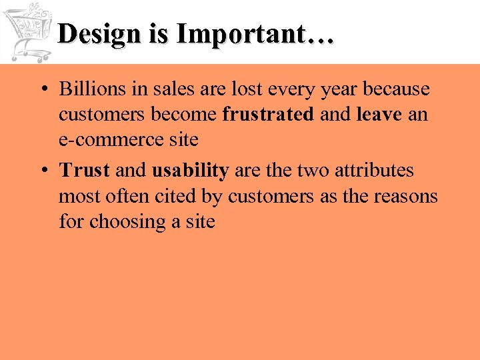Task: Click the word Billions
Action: [89, 89]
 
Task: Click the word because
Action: [396, 89]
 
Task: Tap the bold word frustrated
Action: [268, 114]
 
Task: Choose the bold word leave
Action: [379, 114]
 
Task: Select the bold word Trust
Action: [84, 171]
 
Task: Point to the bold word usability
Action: [191, 171]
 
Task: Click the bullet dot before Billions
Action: [42, 90]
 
